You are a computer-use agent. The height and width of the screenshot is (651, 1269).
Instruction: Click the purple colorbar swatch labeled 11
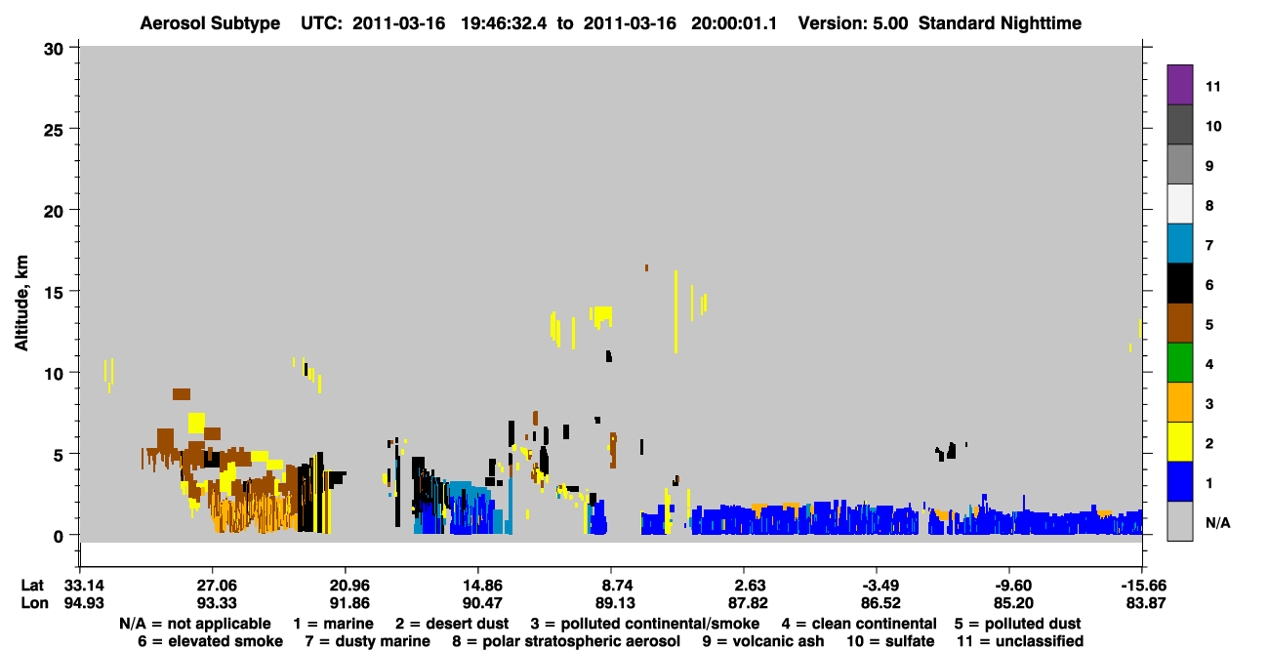[1179, 84]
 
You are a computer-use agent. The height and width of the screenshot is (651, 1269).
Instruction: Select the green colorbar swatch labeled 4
[1179, 363]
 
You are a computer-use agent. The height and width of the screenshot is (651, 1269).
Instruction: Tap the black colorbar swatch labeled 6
[1179, 283]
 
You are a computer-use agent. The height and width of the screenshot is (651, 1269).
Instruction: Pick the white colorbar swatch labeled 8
[1179, 204]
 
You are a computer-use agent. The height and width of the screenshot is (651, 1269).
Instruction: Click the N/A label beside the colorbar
[1217, 522]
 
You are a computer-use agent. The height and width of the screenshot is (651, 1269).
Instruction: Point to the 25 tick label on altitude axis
[54, 130]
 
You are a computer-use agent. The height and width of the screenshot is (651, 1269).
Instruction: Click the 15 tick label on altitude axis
[54, 293]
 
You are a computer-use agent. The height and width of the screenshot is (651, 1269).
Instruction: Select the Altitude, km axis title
[20, 304]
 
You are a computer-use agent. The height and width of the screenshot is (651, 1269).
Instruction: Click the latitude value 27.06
[217, 586]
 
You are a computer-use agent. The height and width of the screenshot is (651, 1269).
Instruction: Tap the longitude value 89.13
[615, 603]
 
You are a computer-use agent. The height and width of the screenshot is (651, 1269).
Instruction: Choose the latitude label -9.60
[1013, 586]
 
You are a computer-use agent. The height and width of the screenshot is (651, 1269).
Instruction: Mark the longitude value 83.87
[1145, 603]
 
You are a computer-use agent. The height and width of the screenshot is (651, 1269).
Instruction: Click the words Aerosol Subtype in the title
[210, 23]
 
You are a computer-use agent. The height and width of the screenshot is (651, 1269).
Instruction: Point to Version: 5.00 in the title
[853, 23]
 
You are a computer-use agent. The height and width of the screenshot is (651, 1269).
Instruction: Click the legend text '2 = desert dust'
[452, 624]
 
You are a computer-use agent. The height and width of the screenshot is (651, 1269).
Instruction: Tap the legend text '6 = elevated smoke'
[210, 641]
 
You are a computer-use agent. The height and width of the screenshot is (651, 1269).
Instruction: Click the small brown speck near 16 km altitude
[646, 267]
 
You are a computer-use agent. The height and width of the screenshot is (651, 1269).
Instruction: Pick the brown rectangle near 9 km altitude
[182, 393]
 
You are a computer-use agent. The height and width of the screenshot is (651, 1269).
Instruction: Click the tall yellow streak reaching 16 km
[675, 311]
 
